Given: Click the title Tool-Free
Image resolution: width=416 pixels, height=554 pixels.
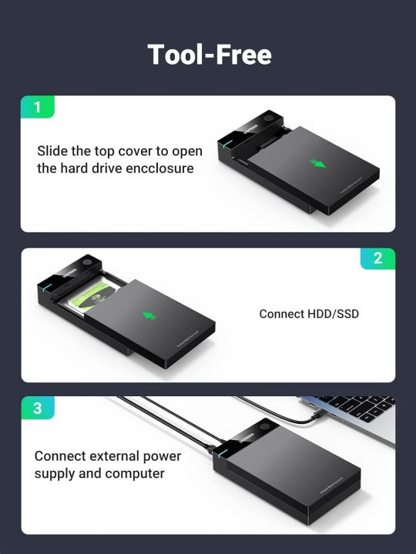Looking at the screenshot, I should click(208, 55).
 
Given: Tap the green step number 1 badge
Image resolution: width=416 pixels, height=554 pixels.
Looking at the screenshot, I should click(38, 107).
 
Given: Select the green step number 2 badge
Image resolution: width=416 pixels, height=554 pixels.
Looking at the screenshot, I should click(377, 259).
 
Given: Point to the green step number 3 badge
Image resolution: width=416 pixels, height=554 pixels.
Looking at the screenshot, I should click(38, 408).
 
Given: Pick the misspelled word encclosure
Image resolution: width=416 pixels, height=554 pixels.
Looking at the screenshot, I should click(157, 168).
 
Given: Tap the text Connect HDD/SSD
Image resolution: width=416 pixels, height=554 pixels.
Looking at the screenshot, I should click(309, 314).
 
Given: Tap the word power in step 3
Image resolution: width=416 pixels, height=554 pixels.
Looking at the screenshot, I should click(163, 456).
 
